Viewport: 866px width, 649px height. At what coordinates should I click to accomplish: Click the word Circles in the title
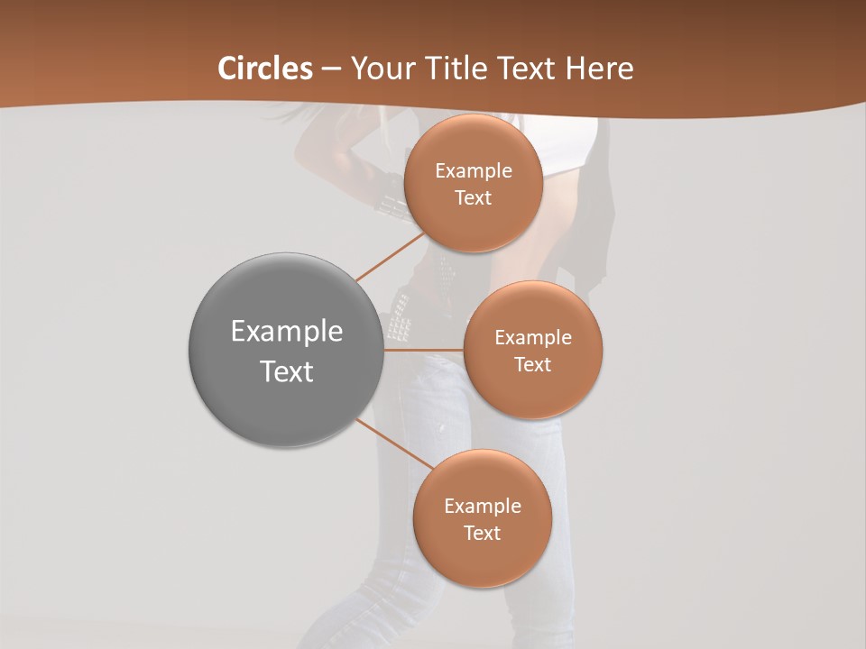coord(265,69)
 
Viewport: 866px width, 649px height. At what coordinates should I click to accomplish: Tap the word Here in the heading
coord(600,69)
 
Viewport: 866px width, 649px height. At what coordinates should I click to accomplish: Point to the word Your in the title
coord(380,69)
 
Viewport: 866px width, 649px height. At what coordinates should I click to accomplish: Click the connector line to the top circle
coord(390,256)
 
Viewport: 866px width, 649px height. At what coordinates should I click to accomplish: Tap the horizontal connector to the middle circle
coord(424,350)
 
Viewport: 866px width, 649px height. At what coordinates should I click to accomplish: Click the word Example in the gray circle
coord(286,332)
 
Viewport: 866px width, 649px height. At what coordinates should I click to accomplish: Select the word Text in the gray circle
coord(286,371)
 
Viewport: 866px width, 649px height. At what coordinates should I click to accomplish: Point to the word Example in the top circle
coord(473,171)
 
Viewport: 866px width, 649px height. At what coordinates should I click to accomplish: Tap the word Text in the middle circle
coord(533,365)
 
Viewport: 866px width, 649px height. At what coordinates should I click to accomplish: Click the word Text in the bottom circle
coord(482,534)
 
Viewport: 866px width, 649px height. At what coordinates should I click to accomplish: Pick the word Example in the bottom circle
coord(482,507)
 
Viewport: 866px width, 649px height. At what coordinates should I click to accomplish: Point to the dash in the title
coord(331,69)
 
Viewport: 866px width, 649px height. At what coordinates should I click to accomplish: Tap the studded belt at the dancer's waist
coord(401,321)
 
